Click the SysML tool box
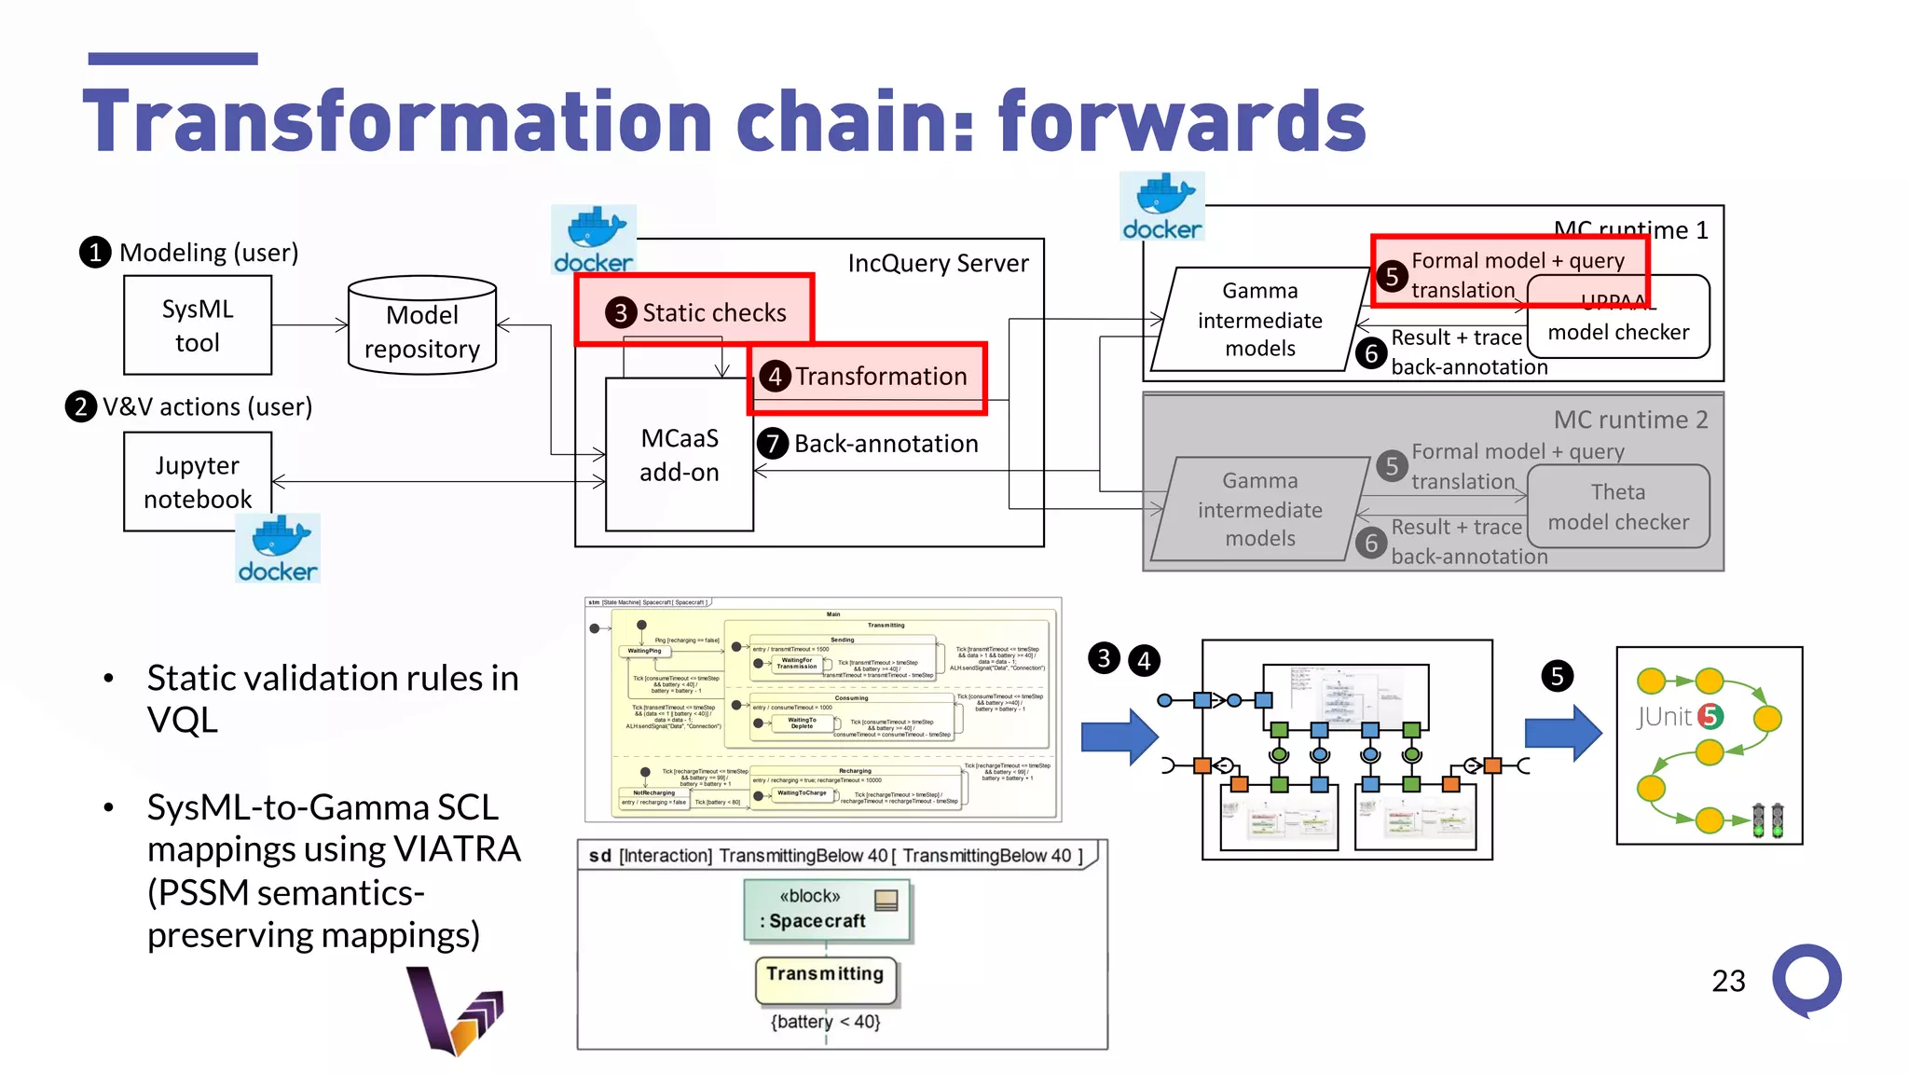coord(198,325)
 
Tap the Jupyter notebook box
coord(198,481)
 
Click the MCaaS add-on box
coord(679,455)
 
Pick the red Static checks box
coord(694,310)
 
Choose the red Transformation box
coord(867,377)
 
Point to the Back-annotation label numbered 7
coord(885,444)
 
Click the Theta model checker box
coord(1617,506)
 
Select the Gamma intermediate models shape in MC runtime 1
coord(1259,320)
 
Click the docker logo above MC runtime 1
coord(1161,207)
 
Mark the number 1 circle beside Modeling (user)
coord(95,252)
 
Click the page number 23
coord(1727,981)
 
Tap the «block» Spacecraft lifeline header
coord(826,909)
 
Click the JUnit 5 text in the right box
coord(1678,716)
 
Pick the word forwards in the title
coord(1181,121)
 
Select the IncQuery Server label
coord(937,264)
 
